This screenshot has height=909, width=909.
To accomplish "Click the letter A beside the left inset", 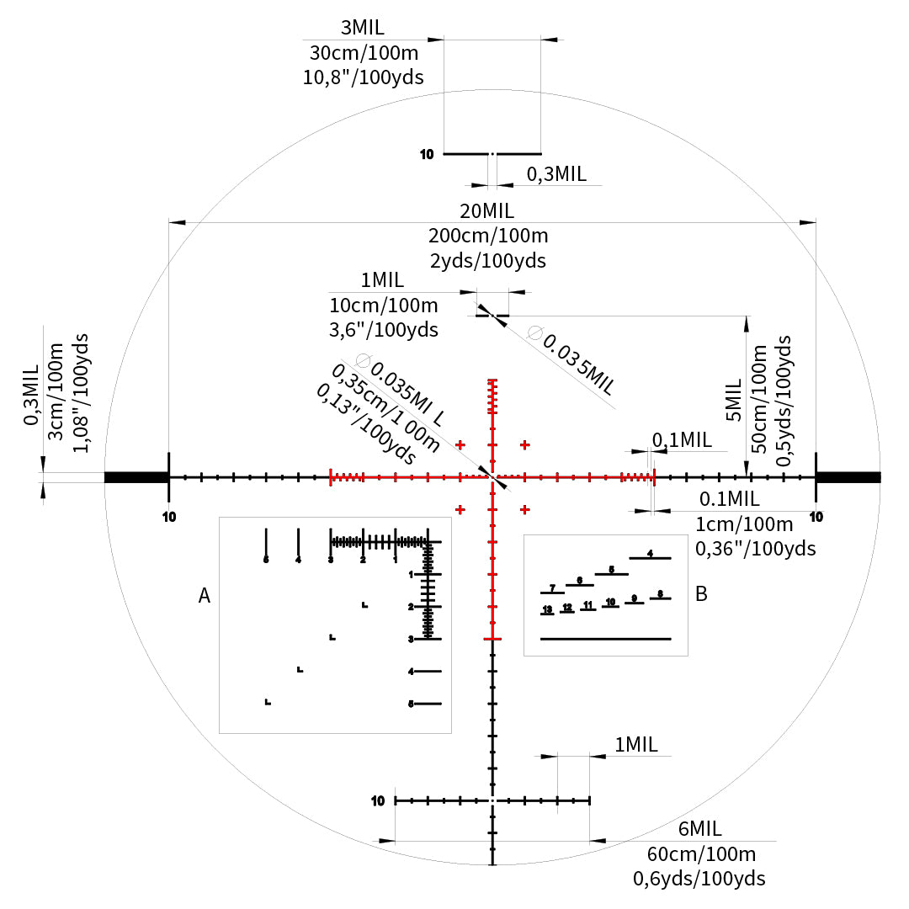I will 204,596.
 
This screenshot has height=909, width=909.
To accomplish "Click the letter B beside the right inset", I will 701,594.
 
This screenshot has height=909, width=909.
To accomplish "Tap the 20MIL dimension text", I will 486,210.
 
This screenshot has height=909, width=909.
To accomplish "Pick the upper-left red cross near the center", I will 460,444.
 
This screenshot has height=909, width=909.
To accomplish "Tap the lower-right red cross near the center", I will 525,509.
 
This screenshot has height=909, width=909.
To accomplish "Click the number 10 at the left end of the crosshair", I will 169,516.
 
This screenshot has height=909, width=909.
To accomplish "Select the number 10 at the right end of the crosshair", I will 816,516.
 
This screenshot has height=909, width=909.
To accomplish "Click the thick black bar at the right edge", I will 848,477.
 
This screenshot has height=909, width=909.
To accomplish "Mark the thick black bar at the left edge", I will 136,477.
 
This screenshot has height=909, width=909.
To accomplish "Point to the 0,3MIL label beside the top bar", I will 555,174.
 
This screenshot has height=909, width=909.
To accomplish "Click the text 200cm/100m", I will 488,236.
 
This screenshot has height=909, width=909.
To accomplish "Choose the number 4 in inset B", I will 650,553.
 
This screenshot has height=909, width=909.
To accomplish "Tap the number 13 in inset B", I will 547,609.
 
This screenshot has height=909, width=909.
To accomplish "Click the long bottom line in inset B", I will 605,639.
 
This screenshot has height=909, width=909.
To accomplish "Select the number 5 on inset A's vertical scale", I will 411,703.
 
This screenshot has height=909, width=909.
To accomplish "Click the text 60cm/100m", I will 701,853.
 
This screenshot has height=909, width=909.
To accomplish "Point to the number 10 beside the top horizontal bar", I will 426,154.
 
